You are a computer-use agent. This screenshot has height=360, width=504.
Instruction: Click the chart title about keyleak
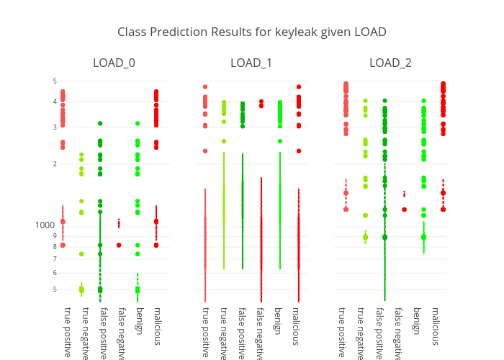pyautogui.click(x=252, y=32)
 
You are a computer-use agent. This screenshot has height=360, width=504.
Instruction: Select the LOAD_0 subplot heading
pyautogui.click(x=114, y=63)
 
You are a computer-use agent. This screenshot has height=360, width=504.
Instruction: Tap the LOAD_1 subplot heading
pyautogui.click(x=251, y=63)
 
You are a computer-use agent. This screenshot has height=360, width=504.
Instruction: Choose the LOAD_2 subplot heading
pyautogui.click(x=390, y=63)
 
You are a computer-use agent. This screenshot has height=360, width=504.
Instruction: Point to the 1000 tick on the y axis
pyautogui.click(x=45, y=225)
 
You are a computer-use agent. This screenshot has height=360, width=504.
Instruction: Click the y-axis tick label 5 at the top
pyautogui.click(x=53, y=81)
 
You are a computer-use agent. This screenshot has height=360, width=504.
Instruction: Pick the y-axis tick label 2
pyautogui.click(x=53, y=164)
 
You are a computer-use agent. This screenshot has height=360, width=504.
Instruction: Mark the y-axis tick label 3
pyautogui.click(x=53, y=127)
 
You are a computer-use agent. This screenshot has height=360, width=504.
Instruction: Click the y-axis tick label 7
pyautogui.click(x=53, y=259)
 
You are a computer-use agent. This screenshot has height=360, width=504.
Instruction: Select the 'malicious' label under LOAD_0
pyautogui.click(x=156, y=325)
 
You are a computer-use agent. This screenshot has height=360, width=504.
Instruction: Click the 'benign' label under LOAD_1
pyautogui.click(x=277, y=321)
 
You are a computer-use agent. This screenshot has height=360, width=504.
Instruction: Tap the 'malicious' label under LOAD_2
pyautogui.click(x=434, y=325)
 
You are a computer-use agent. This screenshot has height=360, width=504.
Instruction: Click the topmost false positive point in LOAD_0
pyautogui.click(x=100, y=124)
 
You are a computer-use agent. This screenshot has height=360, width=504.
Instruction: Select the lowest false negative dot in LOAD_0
pyautogui.click(x=119, y=245)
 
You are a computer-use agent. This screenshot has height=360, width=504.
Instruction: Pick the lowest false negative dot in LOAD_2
pyautogui.click(x=404, y=210)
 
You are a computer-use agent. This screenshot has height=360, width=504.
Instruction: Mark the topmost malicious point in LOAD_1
pyautogui.click(x=298, y=86)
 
